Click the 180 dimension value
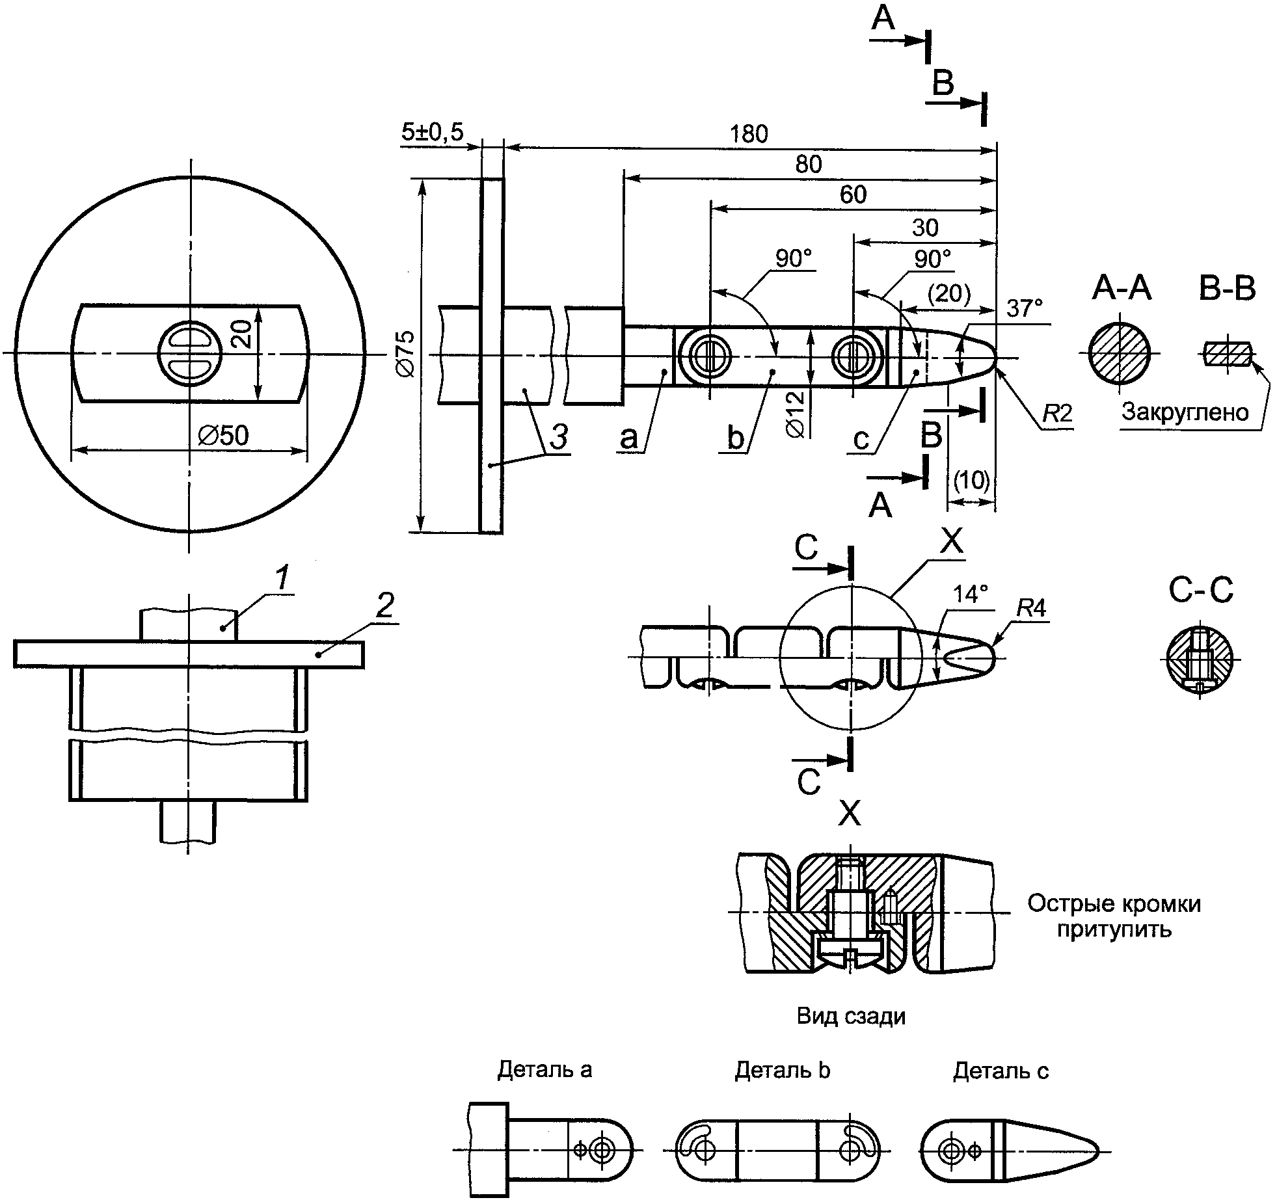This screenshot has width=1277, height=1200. tap(748, 134)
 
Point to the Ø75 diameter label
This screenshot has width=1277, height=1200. tap(405, 353)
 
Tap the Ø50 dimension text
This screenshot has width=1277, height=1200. tap(223, 436)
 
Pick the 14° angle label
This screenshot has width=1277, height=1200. tap(970, 594)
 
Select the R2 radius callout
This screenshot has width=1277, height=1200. tap(1056, 414)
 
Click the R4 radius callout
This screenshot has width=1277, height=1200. tap(1030, 608)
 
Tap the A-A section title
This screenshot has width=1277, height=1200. tap(1122, 289)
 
